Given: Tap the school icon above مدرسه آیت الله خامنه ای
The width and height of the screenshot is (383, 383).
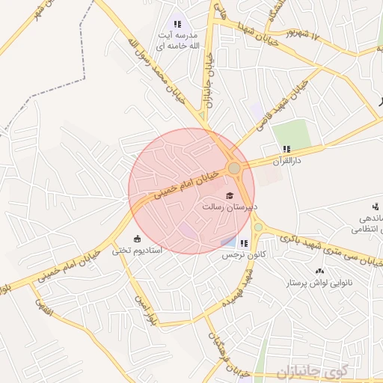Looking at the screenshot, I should [177, 24].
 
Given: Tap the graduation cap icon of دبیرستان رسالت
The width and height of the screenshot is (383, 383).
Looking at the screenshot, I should [229, 196].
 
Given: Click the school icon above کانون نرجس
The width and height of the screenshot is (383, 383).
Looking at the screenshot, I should [243, 242].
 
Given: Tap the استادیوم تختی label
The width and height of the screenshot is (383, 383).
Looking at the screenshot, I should [133, 251].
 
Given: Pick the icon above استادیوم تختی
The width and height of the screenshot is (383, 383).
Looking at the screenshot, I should [136, 239].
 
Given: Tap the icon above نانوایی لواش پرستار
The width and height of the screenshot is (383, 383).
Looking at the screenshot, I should [321, 272].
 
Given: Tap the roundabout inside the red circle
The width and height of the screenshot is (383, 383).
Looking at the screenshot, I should [234, 168].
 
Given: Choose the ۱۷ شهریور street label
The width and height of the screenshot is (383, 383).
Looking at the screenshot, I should [309, 35].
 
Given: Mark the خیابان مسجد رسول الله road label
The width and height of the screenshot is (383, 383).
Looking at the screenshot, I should [158, 71].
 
